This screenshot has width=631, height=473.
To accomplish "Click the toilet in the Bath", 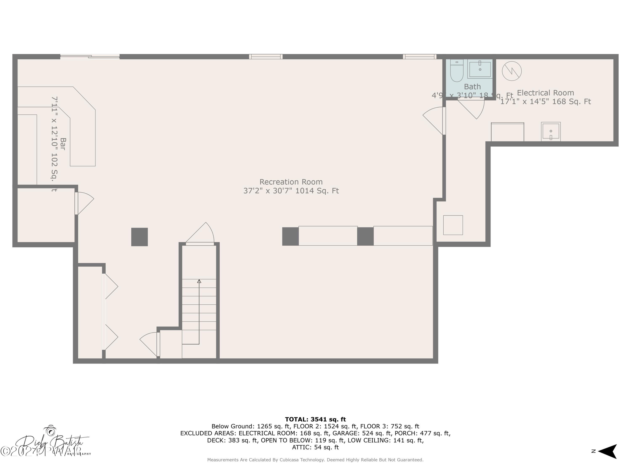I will (457, 71).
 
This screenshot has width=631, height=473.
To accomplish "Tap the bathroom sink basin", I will (480, 69).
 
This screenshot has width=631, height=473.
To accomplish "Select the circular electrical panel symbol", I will (512, 71).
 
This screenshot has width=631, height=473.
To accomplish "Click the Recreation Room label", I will (291, 182).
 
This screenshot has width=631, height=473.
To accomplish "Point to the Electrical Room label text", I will (545, 93).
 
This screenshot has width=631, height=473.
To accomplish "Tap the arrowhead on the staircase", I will (199, 281).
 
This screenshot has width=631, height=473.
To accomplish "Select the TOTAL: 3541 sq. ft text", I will (315, 419).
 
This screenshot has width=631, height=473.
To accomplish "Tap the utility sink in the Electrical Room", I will (551, 132).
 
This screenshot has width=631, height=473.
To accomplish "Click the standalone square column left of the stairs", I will (139, 237).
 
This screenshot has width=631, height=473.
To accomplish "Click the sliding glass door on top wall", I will (90, 57).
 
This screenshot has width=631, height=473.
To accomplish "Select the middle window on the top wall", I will (266, 57).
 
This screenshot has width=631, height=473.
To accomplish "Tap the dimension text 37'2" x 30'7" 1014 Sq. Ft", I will (291, 191).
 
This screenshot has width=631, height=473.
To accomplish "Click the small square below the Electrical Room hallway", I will (453, 225).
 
